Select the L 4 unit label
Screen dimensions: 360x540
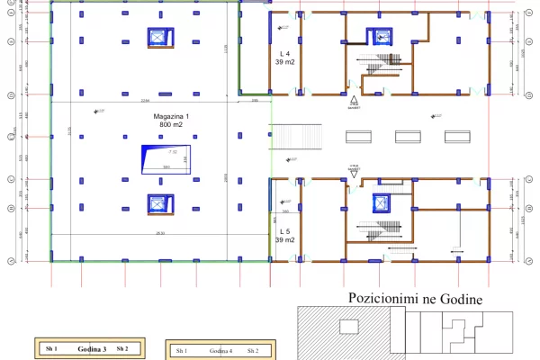point(284,55)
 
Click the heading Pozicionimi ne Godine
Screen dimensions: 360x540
point(416,299)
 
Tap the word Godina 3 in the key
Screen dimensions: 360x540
point(92,348)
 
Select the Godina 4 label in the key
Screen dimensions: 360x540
point(220,350)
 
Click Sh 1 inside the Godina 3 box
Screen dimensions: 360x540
point(51,348)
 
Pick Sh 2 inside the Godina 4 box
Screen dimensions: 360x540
point(253,350)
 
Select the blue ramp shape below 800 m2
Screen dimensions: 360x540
point(163,159)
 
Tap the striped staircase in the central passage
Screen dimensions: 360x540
point(289,136)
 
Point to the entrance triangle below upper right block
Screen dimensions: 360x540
point(355,99)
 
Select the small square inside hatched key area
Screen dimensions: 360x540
point(346,328)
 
